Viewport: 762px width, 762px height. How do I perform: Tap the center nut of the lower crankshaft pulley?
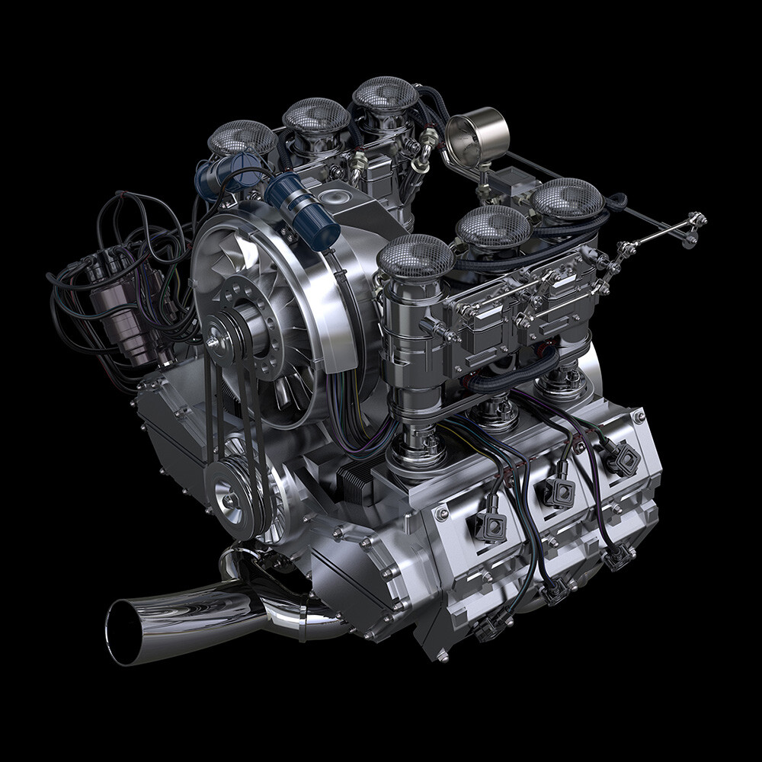pyautogui.click(x=229, y=500)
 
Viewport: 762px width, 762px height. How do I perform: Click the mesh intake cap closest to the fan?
pyautogui.click(x=415, y=255)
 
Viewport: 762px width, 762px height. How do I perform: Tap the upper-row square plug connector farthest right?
pyautogui.click(x=624, y=459)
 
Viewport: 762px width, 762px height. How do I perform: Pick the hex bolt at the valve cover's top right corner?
pyautogui.click(x=639, y=415)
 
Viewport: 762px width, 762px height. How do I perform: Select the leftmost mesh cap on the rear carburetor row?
pyautogui.click(x=242, y=138)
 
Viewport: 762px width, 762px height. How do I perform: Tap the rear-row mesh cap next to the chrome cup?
pyautogui.click(x=386, y=94)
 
